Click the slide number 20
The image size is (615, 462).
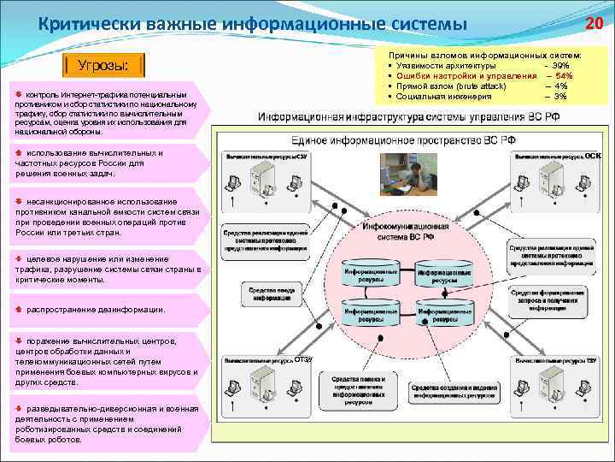coord(594,23)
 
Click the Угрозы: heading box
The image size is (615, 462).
coord(103,66)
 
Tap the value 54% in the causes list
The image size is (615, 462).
coord(564,76)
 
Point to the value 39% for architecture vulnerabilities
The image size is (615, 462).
coord(560,66)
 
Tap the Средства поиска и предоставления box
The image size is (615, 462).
coord(358,388)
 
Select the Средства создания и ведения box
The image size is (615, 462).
coord(454,392)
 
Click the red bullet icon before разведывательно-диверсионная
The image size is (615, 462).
coord(20,408)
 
